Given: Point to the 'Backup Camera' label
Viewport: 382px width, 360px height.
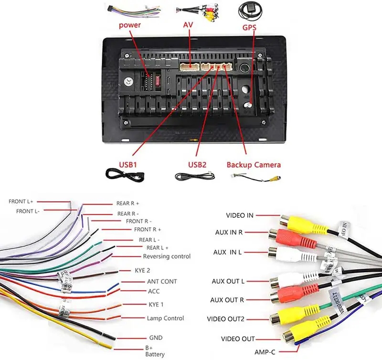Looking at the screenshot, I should (x=254, y=165).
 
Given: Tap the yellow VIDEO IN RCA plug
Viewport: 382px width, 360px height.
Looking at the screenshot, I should (x=303, y=224).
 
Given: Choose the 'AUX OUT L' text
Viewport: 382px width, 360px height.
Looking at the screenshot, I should (x=228, y=281).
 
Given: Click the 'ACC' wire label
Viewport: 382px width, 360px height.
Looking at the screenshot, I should (x=154, y=291).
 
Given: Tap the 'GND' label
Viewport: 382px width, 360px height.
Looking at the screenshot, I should (x=156, y=338).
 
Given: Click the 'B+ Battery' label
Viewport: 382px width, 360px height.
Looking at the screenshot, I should (x=155, y=350).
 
